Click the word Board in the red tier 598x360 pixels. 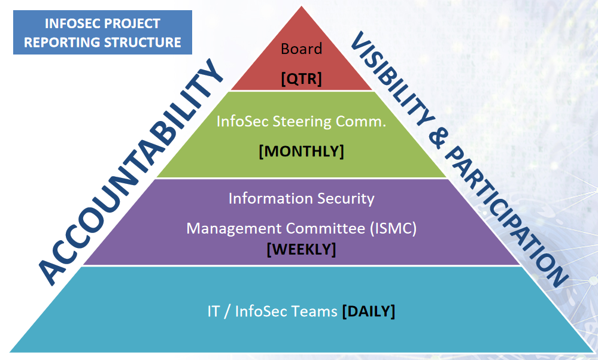[301, 49]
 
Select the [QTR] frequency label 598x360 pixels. [301, 78]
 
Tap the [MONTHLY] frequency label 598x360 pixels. [301, 151]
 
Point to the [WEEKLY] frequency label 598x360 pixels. [301, 249]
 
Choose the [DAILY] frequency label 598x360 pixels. [368, 311]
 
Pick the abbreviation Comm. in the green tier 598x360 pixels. [361, 122]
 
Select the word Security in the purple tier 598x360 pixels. [346, 199]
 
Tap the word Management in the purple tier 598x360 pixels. [234, 229]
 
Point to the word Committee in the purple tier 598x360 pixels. [325, 228]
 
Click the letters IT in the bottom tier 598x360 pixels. [213, 311]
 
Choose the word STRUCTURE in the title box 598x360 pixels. [142, 42]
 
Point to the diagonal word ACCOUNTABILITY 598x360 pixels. [130, 172]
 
